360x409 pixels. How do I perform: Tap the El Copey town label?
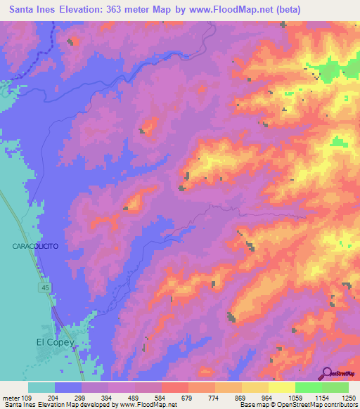tap(55, 342)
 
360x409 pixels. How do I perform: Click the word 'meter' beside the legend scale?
tap(11, 398)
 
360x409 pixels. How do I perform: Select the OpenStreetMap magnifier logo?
tap(327, 372)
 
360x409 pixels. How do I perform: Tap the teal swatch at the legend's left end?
tap(41, 387)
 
